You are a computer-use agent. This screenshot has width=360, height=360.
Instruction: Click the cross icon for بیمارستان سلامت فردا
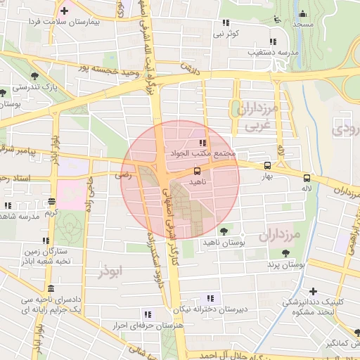pyautogui.click(x=65, y=11)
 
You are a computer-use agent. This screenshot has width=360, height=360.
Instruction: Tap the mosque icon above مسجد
pyautogui.click(x=303, y=13)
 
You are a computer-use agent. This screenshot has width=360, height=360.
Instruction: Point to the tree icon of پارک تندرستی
pyautogui.click(x=35, y=76)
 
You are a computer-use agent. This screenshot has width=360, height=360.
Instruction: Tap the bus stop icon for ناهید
pyautogui.click(x=197, y=170)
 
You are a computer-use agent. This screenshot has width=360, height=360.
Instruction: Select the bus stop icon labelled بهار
pyautogui.click(x=267, y=166)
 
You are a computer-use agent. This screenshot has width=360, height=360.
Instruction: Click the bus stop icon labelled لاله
pyautogui.click(x=306, y=178)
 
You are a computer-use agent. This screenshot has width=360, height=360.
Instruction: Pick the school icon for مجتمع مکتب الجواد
pyautogui.click(x=202, y=143)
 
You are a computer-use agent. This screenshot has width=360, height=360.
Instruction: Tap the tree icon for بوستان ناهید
pyautogui.click(x=224, y=231)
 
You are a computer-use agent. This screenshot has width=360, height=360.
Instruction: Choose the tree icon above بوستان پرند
pyautogui.click(x=285, y=254)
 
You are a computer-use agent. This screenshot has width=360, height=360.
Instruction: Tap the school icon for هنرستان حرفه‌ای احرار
pyautogui.click(x=147, y=314)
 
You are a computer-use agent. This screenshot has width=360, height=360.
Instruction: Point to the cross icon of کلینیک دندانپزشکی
pyautogui.click(x=313, y=291)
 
